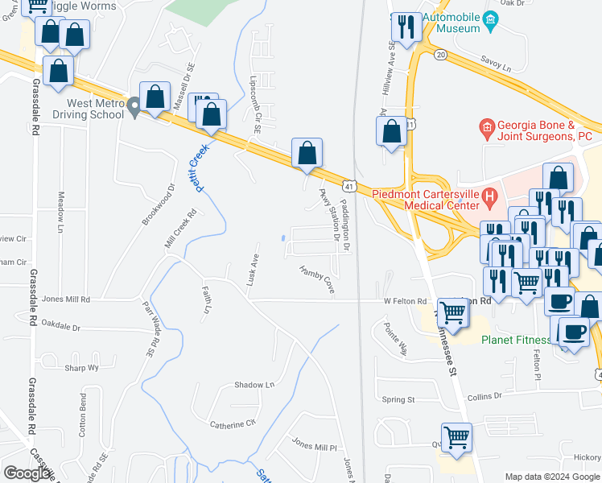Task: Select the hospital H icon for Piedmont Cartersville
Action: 489,195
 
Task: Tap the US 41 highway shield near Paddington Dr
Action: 349,187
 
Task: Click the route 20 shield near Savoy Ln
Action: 439,54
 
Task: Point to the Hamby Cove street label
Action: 316,279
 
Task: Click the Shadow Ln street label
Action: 254,385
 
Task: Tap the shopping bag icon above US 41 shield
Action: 307,152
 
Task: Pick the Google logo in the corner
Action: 27,473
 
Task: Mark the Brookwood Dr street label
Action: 159,208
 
